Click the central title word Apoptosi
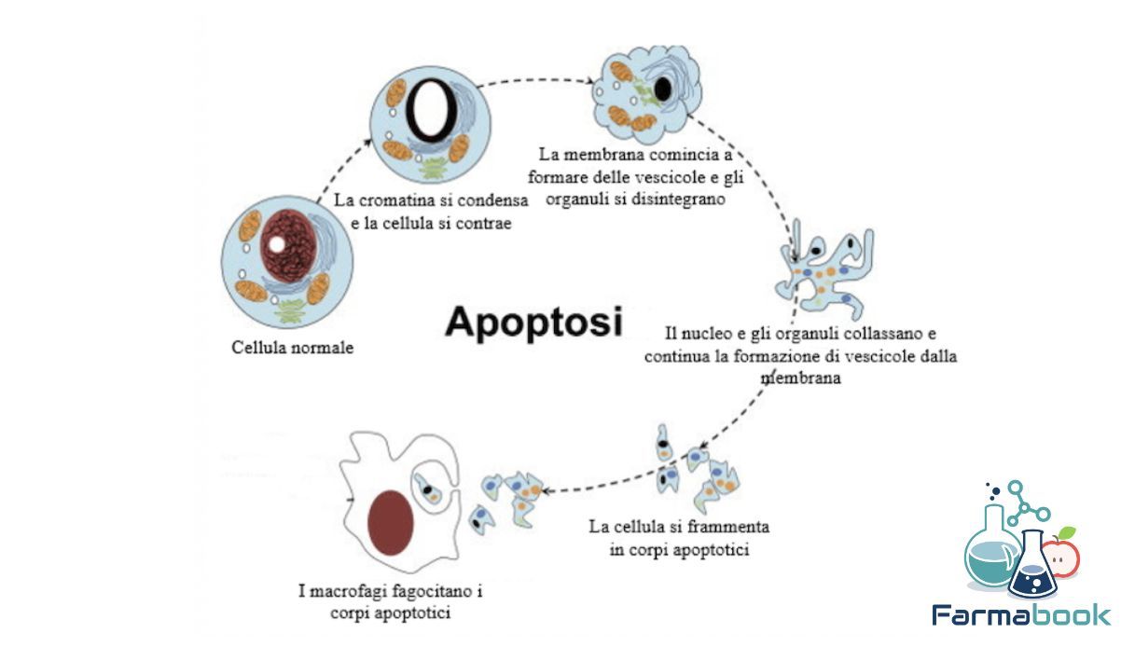point(533,323)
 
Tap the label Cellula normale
point(292,348)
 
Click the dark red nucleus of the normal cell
point(288,246)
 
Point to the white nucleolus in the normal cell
point(277,244)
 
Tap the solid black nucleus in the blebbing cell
point(662,89)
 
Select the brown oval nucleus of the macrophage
point(390,523)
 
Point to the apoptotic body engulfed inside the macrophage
point(426,489)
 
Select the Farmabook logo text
point(1021,615)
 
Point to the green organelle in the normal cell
point(291,310)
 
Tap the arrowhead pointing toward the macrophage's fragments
point(547,490)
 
